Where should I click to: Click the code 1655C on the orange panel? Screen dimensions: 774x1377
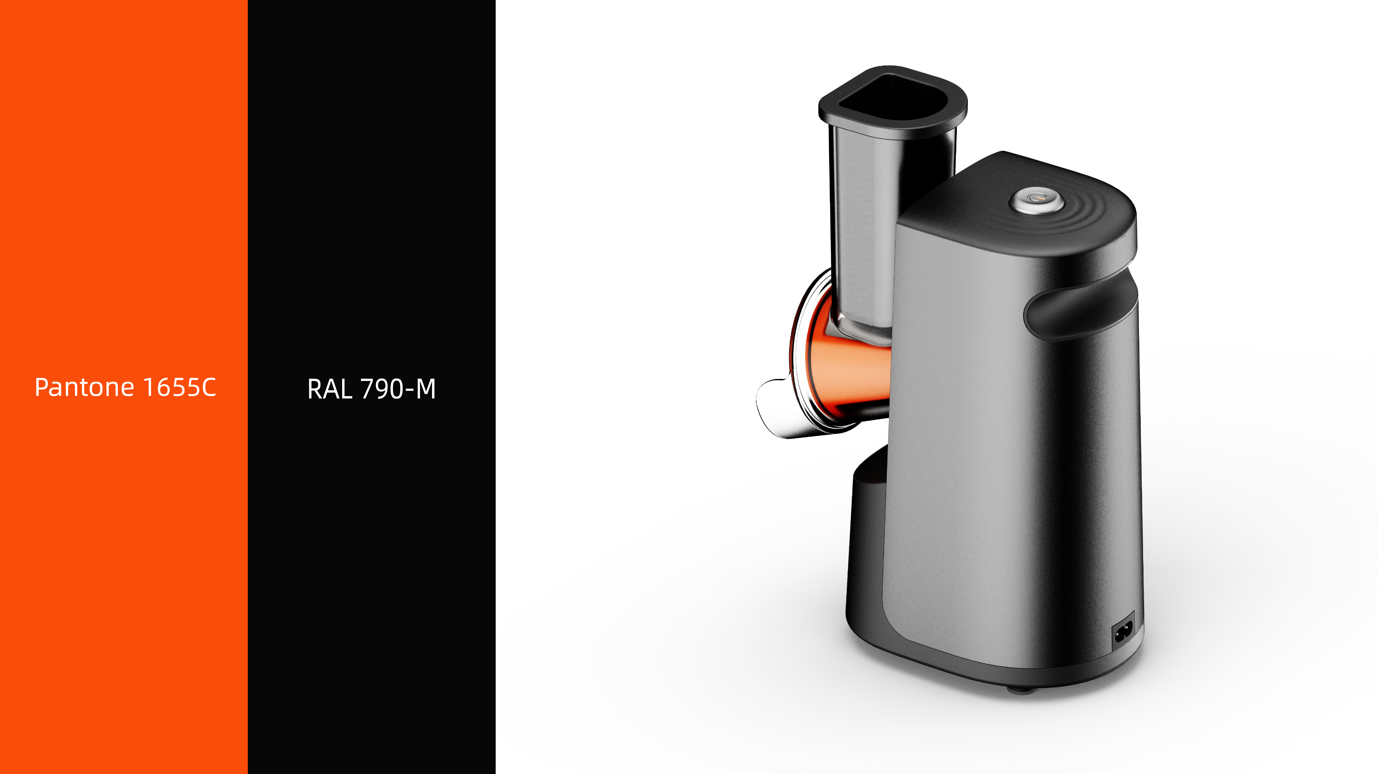point(180,387)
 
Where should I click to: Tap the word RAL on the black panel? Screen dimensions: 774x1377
point(329,389)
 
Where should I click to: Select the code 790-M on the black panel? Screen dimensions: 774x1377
point(398,389)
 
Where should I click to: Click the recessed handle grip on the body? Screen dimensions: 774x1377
point(1080,310)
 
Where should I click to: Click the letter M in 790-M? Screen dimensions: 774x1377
point(426,389)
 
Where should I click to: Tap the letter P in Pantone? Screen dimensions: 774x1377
point(42,387)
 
